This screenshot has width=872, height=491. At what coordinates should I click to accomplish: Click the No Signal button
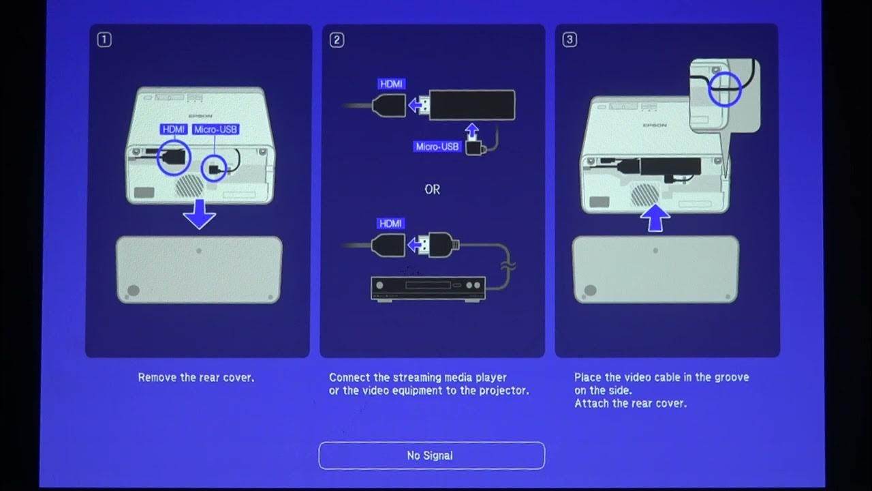[x=431, y=456]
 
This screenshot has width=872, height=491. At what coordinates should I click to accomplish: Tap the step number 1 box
[x=104, y=40]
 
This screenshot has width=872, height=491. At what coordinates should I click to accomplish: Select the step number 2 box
[x=337, y=40]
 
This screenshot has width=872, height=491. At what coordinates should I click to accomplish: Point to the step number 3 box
[x=570, y=40]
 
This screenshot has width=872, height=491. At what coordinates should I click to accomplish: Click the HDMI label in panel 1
[x=174, y=129]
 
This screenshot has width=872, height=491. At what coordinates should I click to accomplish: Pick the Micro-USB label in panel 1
[x=216, y=129]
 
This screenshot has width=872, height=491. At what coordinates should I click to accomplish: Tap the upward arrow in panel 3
[x=655, y=218]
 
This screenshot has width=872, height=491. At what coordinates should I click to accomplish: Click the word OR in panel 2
[x=432, y=190]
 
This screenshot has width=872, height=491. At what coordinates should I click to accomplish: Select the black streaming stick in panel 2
[x=471, y=106]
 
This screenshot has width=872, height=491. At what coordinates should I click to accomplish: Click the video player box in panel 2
[x=428, y=288]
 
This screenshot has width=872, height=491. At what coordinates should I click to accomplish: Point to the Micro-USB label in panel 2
[x=437, y=147]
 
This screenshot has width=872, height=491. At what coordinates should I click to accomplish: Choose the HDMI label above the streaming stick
[x=392, y=84]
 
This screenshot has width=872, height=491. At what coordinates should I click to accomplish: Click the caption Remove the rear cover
[x=196, y=377]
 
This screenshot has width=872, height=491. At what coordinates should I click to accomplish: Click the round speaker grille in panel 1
[x=190, y=185]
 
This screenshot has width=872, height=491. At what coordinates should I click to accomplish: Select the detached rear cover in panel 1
[x=199, y=269]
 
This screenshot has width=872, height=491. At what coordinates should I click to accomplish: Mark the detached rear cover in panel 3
[x=655, y=269]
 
